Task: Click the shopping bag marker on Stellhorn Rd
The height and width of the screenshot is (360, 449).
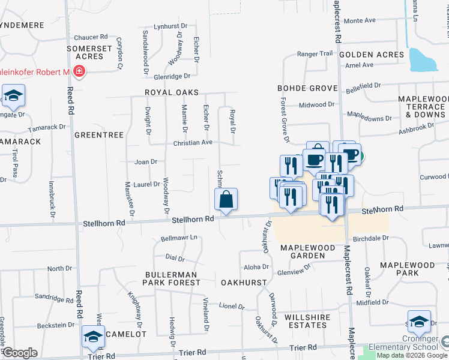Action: coord(226,199)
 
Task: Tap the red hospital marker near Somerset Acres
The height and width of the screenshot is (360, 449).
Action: coord(79,72)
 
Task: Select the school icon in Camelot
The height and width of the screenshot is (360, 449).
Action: coord(93,338)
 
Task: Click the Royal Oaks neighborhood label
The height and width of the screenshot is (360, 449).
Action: coord(171,92)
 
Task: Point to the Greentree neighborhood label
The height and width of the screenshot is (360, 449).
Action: coord(98,136)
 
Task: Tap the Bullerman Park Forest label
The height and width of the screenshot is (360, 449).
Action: coord(172,277)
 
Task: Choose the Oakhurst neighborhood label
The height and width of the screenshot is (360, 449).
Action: coord(243,282)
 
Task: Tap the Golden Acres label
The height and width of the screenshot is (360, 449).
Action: coord(372,55)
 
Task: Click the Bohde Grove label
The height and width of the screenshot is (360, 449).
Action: coord(307,88)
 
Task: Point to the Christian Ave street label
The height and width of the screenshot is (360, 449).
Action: coord(193,143)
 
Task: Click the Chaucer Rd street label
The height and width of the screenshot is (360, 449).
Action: coord(91,37)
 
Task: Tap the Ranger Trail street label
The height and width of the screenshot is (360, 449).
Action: coord(315,53)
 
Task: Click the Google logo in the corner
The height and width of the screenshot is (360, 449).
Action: coord(20,353)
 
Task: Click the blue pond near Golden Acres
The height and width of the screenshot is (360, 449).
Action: coord(424,60)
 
